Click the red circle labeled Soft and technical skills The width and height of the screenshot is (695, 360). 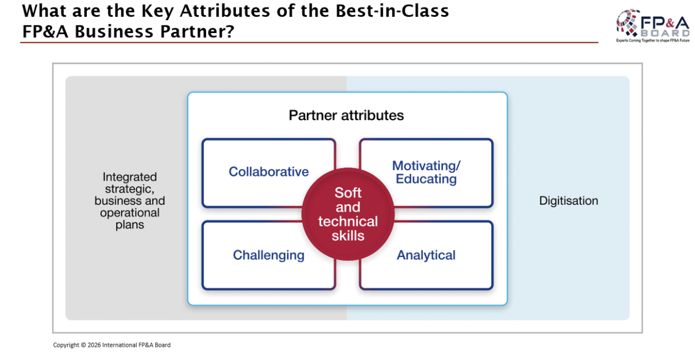348,214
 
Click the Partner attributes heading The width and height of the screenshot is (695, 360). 346,115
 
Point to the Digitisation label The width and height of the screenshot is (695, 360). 568,201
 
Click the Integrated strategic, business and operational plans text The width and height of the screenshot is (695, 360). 130,201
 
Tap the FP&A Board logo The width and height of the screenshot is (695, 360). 653,25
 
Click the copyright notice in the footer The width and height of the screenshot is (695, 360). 112,345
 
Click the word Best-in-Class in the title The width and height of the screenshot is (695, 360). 392,11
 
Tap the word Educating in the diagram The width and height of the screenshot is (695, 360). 426,179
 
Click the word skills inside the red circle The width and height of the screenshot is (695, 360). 348,236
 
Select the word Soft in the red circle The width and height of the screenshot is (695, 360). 348,193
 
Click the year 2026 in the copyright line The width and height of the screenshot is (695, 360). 94,345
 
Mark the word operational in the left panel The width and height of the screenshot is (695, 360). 130,213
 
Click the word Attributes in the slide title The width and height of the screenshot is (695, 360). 225,11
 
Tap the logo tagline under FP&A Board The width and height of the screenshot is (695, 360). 653,41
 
